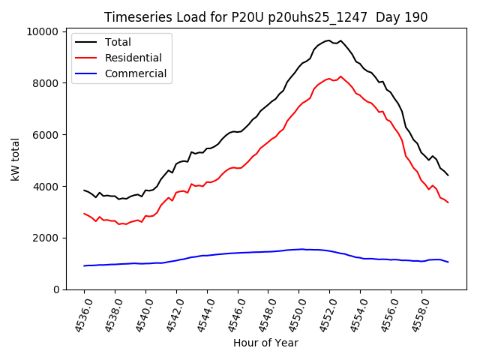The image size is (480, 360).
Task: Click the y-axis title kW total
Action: (16, 160)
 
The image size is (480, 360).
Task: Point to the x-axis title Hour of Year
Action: (265, 343)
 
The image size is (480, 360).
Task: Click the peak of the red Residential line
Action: (340, 76)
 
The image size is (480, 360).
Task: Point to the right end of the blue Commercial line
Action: (448, 262)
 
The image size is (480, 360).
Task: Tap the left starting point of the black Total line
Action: (84, 190)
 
